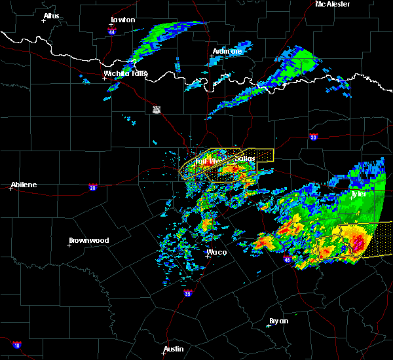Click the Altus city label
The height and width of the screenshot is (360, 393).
coord(51,16)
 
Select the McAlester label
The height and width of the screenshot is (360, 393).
coord(333,4)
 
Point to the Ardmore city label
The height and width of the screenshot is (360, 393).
coord(227,51)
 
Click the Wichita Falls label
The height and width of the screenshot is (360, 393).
coord(125,73)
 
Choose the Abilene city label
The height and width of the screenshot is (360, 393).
coord(23,185)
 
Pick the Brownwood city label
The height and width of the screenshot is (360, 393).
coord(88,240)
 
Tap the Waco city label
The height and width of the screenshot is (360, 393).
coord(216,252)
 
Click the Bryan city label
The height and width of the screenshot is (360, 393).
coord(278,321)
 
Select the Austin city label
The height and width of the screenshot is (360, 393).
coord(174,349)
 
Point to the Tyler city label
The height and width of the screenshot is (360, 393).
coord(358,194)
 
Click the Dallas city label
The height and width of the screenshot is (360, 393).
coord(244,158)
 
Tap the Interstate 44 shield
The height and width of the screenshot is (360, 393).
coord(113,31)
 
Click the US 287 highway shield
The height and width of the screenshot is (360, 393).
coord(157,109)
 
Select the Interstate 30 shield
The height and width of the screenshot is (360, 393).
coord(313,137)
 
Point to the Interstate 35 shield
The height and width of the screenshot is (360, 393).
coord(188,293)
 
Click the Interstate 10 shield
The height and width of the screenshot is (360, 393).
coord(16,345)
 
